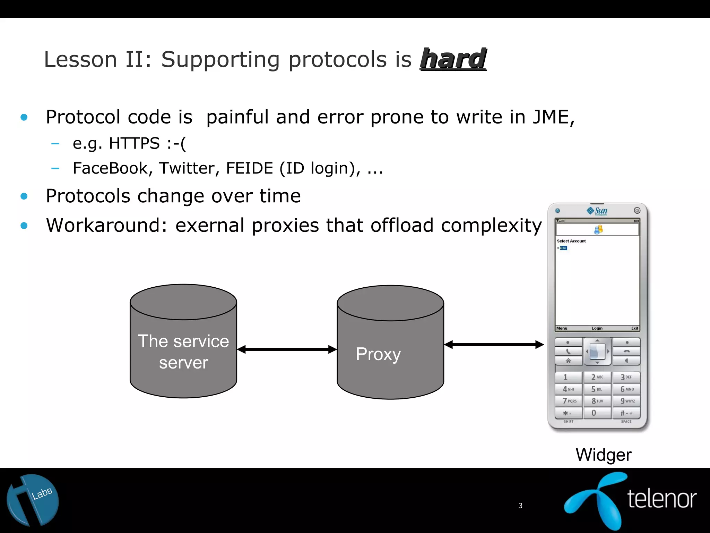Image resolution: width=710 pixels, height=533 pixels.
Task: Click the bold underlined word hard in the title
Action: [x=453, y=59]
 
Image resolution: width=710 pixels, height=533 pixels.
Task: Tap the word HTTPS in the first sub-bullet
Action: [x=134, y=143]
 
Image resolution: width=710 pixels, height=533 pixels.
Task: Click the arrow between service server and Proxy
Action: [x=287, y=349]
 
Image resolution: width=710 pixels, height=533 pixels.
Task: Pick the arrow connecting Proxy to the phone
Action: [x=494, y=345]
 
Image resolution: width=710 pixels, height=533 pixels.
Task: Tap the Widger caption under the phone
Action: [x=603, y=455]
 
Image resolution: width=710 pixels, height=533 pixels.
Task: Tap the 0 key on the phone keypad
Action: [x=597, y=413]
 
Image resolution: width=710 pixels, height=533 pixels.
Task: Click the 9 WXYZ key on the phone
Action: [x=626, y=401]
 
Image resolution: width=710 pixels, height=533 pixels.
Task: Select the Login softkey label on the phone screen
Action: [x=597, y=328]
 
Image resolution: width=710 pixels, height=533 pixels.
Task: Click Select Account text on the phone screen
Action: [x=571, y=241]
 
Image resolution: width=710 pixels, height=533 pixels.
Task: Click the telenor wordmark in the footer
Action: [x=661, y=499]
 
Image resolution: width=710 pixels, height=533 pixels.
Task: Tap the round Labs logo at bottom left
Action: [x=33, y=500]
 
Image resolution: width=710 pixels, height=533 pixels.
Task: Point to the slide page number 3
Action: [x=520, y=506]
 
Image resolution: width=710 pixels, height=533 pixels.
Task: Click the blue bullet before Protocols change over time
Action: [x=24, y=196]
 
